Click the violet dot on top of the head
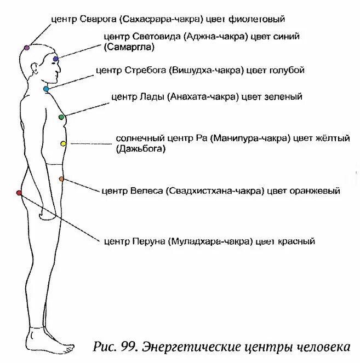pyautogui.click(x=26, y=48)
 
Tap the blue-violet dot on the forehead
pyautogui.click(x=56, y=58)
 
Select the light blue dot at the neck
pyautogui.click(x=46, y=89)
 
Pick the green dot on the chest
pyautogui.click(x=61, y=117)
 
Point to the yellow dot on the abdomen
pyautogui.click(x=63, y=144)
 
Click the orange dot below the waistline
pyautogui.click(x=61, y=179)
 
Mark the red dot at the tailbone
pyautogui.click(x=19, y=193)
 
